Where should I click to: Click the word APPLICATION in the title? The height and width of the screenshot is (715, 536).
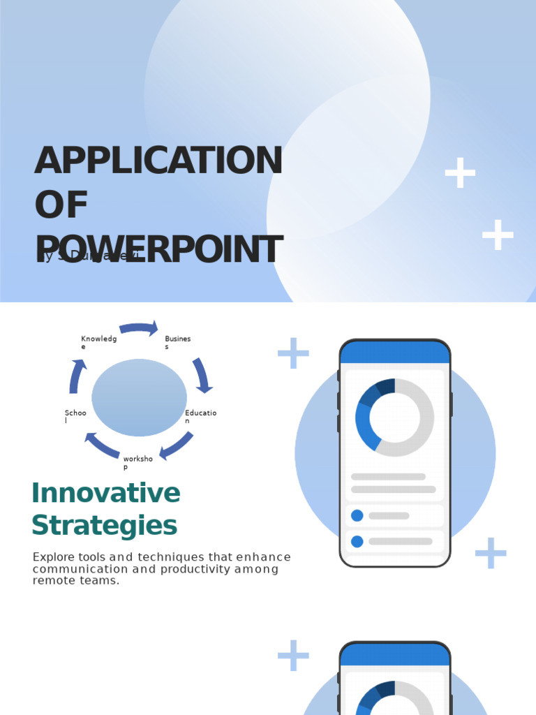(158, 161)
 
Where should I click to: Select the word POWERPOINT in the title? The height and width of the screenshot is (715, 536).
(158, 251)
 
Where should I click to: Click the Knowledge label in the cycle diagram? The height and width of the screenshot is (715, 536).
(98, 342)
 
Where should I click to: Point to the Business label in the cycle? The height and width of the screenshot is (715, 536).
(177, 342)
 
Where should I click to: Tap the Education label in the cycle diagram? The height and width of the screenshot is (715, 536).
(200, 417)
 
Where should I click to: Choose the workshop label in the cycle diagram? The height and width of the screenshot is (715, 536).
(137, 462)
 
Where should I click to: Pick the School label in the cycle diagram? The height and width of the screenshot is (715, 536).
(75, 417)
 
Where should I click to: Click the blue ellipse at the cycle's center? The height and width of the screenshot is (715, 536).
(139, 397)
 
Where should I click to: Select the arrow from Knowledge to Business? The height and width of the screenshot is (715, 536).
(138, 327)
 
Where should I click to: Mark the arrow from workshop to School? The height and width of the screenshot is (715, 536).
(101, 445)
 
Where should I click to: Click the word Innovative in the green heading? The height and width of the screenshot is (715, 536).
(106, 494)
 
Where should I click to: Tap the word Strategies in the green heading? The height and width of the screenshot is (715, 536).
(105, 525)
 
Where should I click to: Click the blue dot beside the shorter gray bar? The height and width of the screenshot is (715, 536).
(357, 515)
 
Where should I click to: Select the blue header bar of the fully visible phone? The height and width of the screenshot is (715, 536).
(395, 353)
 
